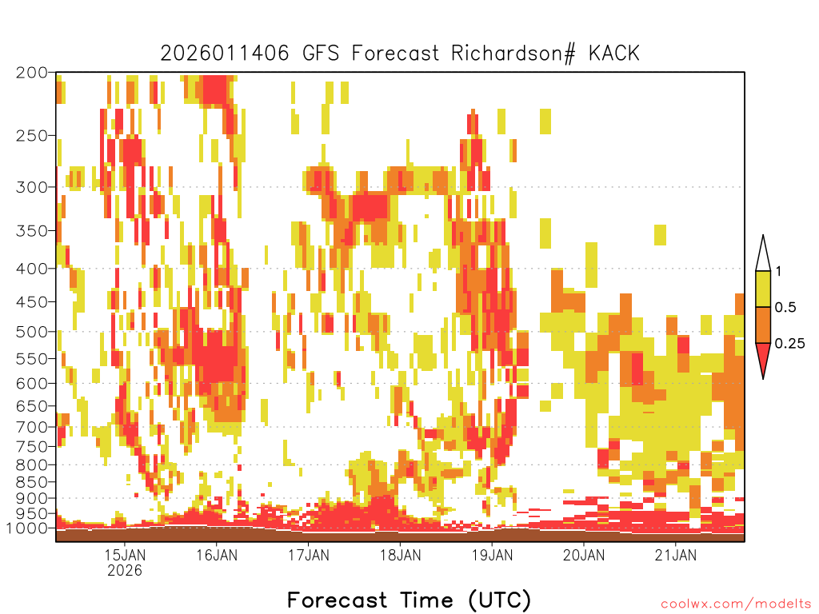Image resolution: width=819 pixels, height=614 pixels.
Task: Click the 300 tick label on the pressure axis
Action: [x=31, y=187]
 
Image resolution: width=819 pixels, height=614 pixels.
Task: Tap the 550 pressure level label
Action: [x=31, y=359]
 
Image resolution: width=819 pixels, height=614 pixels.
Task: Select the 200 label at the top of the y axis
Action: [x=31, y=73]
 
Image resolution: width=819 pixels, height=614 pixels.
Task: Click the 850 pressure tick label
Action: [x=31, y=482]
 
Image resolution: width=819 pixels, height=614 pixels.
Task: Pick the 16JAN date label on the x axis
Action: [x=217, y=555]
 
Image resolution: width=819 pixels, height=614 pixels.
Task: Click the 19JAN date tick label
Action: [x=492, y=555]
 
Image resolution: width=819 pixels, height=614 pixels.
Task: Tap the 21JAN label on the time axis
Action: [x=676, y=555]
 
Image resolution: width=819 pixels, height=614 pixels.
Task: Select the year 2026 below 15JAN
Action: [x=125, y=570]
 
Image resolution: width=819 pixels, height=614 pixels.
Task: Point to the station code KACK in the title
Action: [x=614, y=54]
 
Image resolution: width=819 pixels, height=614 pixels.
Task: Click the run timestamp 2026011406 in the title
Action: [x=225, y=54]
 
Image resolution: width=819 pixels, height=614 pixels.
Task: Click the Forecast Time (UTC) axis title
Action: [x=409, y=600]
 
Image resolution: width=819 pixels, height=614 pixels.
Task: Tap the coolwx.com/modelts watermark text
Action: [x=736, y=604]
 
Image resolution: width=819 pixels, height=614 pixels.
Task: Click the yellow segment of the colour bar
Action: [x=763, y=289]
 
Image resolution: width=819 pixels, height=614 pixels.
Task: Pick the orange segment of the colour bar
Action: [x=763, y=325]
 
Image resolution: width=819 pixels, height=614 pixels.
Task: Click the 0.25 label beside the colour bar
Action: [x=789, y=344]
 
